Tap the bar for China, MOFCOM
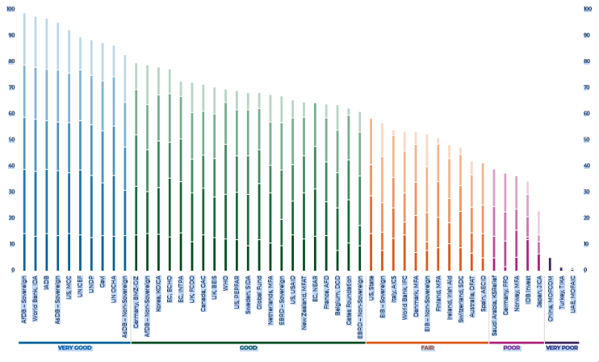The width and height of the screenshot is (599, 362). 550,264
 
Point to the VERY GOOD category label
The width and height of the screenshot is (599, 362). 73,347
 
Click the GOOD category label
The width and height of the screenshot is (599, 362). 248,347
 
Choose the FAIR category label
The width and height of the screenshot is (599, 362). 428,347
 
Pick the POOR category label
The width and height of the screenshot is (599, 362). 511,347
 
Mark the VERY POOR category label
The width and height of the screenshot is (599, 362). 562,347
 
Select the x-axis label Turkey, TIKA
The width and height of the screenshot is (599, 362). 562,291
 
